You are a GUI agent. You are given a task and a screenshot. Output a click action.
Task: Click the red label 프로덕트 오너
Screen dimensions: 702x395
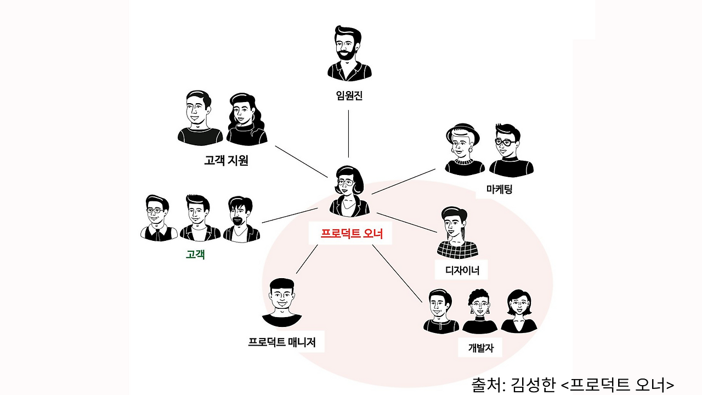click(x=351, y=234)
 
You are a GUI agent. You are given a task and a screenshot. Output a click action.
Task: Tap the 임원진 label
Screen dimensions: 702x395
click(x=349, y=96)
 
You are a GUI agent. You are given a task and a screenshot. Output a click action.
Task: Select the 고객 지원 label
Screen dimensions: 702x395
click(x=226, y=161)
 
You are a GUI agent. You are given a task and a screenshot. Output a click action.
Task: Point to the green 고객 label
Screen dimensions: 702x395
click(x=195, y=255)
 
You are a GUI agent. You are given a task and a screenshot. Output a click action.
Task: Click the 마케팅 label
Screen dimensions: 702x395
click(x=499, y=190)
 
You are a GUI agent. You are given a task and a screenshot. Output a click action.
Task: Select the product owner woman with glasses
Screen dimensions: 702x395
click(x=349, y=189)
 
